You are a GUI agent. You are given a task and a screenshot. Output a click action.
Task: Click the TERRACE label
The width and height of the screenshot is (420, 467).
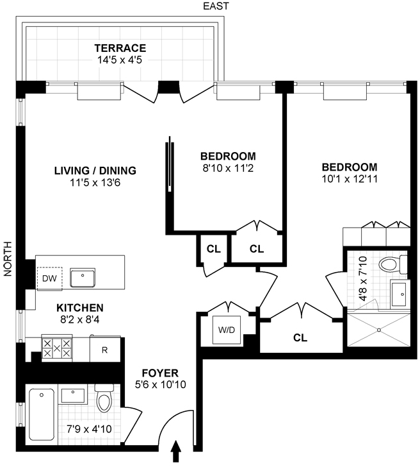120,48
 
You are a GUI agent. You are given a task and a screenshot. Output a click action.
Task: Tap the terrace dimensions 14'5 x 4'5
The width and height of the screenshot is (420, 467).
120,60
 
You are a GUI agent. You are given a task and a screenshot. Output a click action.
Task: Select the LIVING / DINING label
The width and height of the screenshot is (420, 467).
95,171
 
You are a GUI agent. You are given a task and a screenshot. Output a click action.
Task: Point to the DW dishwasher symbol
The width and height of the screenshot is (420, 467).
50,278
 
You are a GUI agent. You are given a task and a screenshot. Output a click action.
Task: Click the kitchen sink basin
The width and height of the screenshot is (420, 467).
83,278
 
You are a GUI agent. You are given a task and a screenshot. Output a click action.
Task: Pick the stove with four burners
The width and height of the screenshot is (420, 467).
57,348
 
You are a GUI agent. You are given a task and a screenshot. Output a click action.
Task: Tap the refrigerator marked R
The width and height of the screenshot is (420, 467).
105,349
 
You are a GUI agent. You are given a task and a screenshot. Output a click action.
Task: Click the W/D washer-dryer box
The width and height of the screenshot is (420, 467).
227,330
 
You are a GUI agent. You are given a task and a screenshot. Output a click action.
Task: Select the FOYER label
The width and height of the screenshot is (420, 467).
160,373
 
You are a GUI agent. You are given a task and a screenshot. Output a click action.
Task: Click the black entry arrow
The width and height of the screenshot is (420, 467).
176,450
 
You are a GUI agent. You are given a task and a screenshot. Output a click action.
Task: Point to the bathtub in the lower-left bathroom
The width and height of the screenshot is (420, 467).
42,414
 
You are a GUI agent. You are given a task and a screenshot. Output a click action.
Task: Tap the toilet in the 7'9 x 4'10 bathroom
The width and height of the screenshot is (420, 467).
104,398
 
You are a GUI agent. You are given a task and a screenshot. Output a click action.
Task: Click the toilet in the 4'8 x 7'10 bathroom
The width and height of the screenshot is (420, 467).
393,264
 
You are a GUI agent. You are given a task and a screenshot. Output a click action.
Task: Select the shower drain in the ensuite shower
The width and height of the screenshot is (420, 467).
379,330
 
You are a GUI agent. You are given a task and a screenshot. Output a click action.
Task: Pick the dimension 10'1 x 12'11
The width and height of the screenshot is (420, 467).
350,179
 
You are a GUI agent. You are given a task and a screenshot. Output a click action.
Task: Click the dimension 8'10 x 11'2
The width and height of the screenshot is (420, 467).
228,168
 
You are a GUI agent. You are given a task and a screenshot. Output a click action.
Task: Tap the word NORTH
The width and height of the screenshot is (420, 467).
8,259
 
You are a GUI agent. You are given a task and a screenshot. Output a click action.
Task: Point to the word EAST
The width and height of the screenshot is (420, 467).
216,6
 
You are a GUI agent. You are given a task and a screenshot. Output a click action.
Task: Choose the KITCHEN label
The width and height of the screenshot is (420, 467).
80,308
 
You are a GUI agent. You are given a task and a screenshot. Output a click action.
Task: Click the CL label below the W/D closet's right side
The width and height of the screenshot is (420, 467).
300,337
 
